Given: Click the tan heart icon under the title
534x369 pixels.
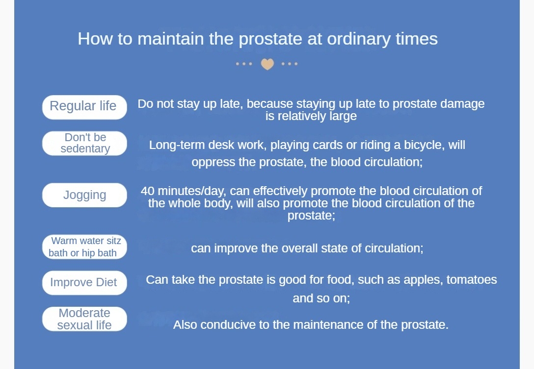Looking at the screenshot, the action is [267, 64].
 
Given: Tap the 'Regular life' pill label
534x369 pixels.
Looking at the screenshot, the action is [84, 107].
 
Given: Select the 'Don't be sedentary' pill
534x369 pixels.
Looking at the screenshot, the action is [84, 143].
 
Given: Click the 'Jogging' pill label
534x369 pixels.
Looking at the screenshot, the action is [84, 195].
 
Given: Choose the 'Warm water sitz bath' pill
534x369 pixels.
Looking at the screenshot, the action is [84, 247].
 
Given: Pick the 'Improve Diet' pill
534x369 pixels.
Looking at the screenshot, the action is [84, 283].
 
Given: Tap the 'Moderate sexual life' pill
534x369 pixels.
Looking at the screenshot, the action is [84, 319].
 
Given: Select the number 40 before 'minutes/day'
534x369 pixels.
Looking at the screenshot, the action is [147, 191].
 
